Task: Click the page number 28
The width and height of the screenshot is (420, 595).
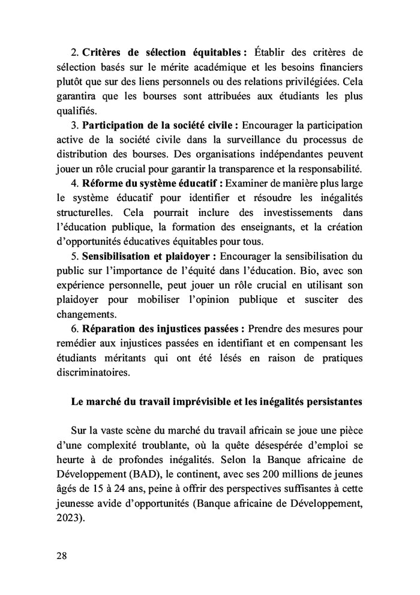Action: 61,555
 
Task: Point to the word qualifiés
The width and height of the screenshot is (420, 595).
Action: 77,110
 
